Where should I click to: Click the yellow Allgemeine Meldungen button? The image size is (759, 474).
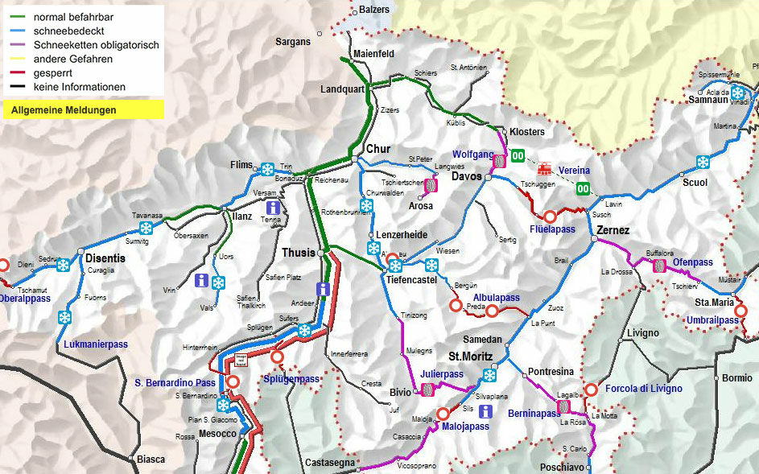point(82,109)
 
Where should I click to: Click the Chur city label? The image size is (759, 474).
point(377,149)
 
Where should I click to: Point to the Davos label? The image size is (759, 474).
point(466,176)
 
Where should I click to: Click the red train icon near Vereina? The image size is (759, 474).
point(545,169)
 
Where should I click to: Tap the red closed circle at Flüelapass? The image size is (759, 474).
point(551,216)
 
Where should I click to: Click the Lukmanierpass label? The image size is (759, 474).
point(95,344)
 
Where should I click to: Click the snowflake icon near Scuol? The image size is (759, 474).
point(703,162)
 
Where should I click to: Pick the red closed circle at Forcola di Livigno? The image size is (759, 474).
point(591,390)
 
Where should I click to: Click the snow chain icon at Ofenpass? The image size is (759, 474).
point(659,265)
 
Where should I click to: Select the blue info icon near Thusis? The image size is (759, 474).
point(324,290)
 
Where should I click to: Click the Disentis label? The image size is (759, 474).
point(105,258)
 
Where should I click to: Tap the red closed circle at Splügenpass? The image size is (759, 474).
point(278,357)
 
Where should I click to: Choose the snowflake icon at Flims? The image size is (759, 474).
point(267,169)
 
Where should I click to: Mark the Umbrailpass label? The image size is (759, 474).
point(712,320)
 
